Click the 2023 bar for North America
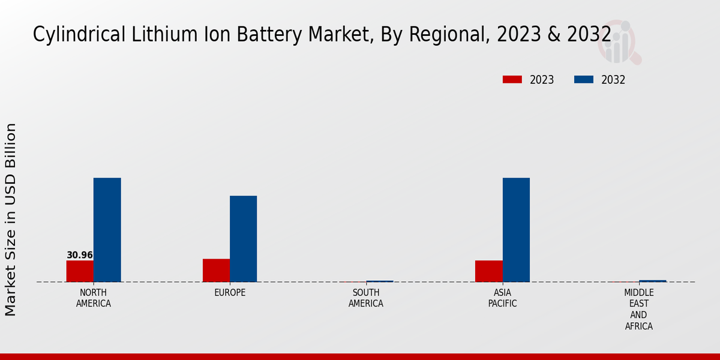80,271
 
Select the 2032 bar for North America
107,230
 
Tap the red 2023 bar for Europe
216,270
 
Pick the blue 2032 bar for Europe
244,239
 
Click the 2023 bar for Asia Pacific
489,271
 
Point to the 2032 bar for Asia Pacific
516,230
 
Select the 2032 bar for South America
380,281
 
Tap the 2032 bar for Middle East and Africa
653,281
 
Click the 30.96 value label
80,255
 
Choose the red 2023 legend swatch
512,80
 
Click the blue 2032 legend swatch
584,80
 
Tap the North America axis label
94,298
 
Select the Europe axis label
230,293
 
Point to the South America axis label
366,298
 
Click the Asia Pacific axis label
503,298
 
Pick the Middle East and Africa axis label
639,310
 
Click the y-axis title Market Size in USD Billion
11,220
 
